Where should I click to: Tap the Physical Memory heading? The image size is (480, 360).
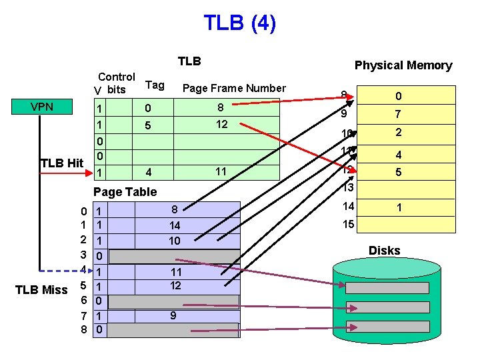(x=403, y=65)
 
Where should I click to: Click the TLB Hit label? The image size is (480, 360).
(x=61, y=163)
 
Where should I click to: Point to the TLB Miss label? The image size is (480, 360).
(x=43, y=289)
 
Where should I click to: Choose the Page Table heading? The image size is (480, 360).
(x=125, y=192)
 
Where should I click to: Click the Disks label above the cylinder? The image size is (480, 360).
(x=385, y=251)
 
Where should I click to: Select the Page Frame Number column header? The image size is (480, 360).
(x=233, y=88)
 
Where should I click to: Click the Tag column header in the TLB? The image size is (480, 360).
(x=155, y=85)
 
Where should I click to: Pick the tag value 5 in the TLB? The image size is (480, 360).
(x=149, y=125)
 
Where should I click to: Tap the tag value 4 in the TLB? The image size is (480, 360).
(x=149, y=173)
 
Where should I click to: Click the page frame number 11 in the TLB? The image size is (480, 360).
(x=219, y=172)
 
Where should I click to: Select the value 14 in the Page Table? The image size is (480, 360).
(x=174, y=225)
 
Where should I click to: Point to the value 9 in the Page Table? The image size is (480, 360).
(x=173, y=316)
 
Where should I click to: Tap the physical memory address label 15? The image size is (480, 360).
(x=349, y=225)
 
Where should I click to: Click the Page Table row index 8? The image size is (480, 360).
(x=83, y=329)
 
